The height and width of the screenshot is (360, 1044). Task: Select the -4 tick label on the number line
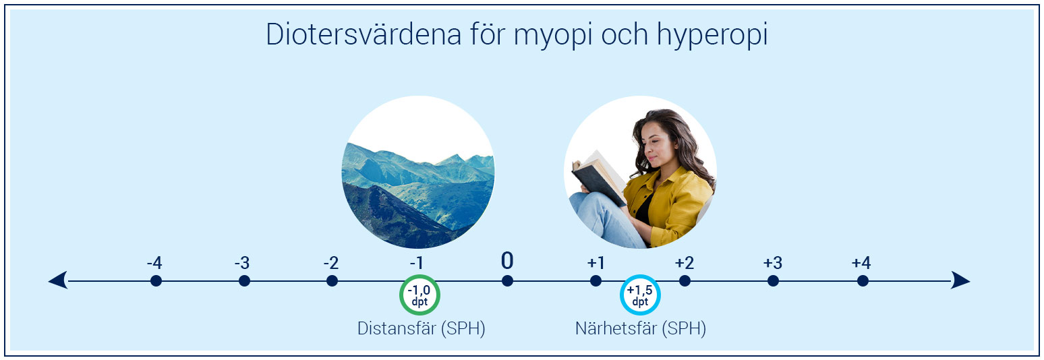(154, 263)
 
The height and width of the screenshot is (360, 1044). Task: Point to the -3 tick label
(242, 263)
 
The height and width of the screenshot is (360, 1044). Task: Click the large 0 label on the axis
(507, 261)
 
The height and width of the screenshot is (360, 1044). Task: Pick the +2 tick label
(684, 263)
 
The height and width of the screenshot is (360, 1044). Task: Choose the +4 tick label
(861, 263)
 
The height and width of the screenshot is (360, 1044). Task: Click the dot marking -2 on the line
(332, 280)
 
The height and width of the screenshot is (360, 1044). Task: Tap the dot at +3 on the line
(773, 280)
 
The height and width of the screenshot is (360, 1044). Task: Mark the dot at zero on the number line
(507, 280)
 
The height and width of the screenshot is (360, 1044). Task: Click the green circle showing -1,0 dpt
(419, 295)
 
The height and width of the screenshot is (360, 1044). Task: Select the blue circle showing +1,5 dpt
(639, 295)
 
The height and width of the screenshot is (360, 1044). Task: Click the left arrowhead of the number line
(58, 280)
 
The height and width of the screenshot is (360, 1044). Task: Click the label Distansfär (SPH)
(421, 329)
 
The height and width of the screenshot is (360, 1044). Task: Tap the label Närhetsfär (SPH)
(640, 329)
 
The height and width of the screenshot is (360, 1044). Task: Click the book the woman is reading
(597, 177)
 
